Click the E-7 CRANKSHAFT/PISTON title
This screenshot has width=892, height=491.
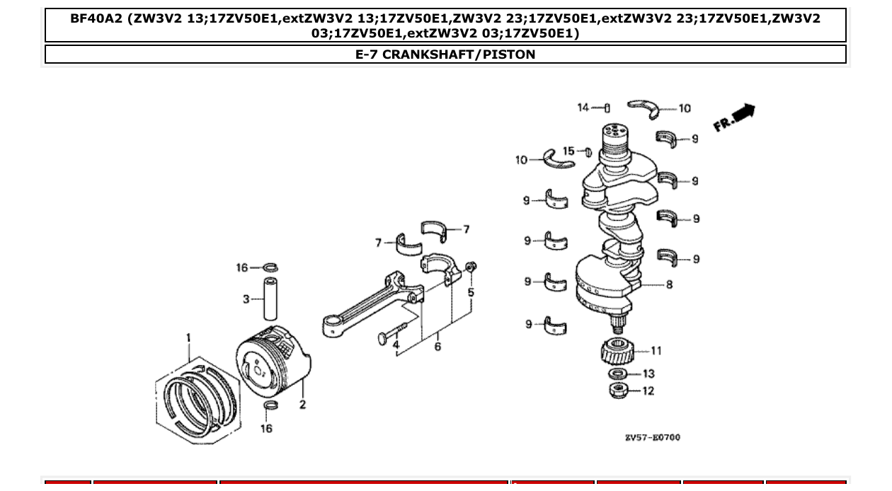pyautogui.click(x=445, y=54)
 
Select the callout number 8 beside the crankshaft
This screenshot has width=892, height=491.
pyautogui.click(x=669, y=285)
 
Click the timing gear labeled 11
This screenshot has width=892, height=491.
pyautogui.click(x=615, y=352)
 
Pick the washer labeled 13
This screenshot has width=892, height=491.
pyautogui.click(x=617, y=374)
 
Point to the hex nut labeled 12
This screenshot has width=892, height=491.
pyautogui.click(x=618, y=390)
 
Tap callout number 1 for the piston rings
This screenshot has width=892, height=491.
pyautogui.click(x=188, y=338)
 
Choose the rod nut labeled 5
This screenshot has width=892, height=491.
pyautogui.click(x=472, y=267)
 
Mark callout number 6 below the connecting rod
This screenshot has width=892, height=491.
pyautogui.click(x=438, y=347)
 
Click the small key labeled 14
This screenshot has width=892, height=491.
pyautogui.click(x=607, y=108)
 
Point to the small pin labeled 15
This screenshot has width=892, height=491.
pyautogui.click(x=588, y=151)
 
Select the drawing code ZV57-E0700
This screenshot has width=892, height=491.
pyautogui.click(x=652, y=437)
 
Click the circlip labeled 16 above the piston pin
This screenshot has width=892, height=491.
pyautogui.click(x=270, y=267)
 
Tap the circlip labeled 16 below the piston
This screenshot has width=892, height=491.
pyautogui.click(x=270, y=405)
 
